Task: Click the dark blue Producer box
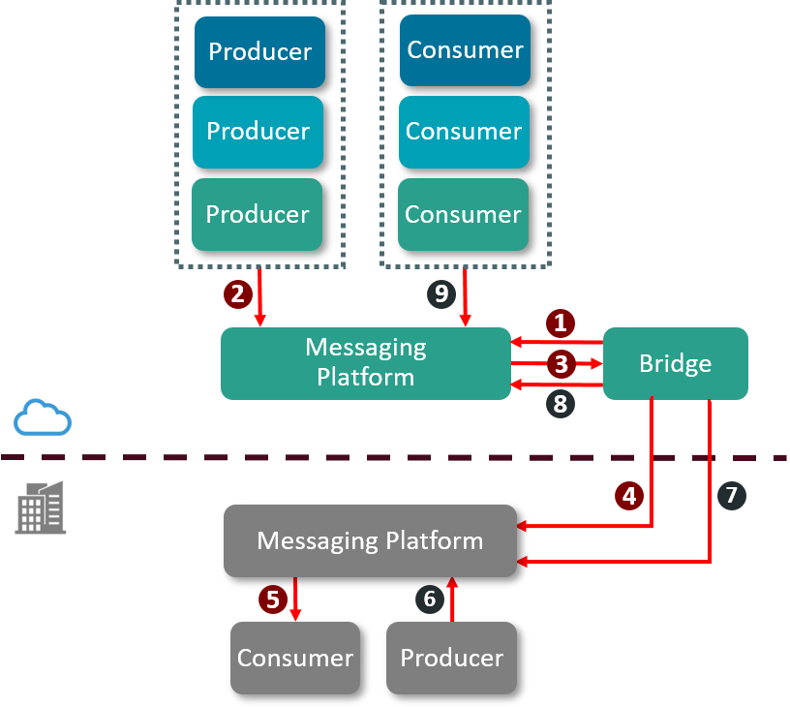(x=259, y=52)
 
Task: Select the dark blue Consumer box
(x=465, y=50)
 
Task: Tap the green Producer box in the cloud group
(x=257, y=214)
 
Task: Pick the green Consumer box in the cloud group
(x=463, y=214)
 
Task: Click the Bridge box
(x=675, y=364)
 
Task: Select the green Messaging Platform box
(x=365, y=363)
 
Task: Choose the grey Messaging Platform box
(x=370, y=540)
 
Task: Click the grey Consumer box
(x=294, y=658)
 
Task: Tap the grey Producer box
(x=451, y=658)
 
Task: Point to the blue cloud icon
(x=43, y=417)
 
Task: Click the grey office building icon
(x=42, y=507)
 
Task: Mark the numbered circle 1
(x=559, y=323)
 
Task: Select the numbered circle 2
(x=237, y=293)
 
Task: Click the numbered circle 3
(x=559, y=364)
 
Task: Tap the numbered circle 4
(x=629, y=496)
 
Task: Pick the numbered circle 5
(x=273, y=599)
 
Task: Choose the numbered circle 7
(x=731, y=496)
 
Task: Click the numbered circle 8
(x=559, y=404)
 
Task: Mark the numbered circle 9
(x=441, y=293)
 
